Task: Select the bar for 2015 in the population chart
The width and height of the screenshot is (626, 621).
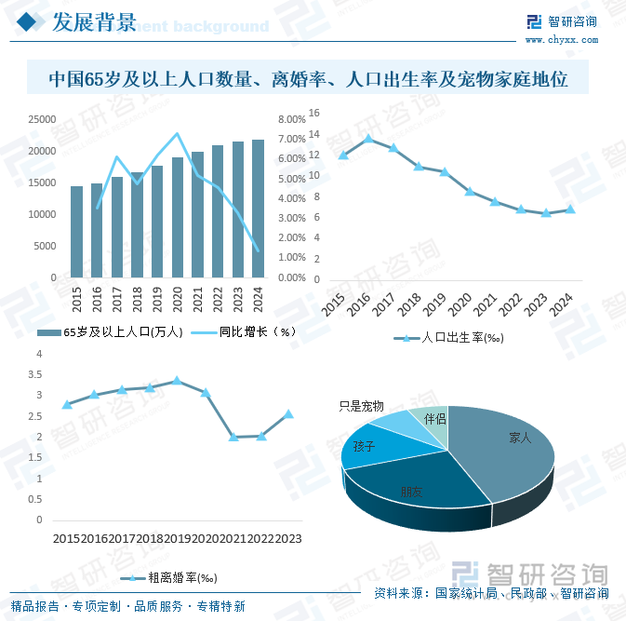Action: (x=77, y=232)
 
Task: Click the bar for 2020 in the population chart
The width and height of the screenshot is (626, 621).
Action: (x=177, y=217)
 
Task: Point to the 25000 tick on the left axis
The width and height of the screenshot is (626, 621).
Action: (x=40, y=119)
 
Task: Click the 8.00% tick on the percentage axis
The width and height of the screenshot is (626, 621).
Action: (x=291, y=119)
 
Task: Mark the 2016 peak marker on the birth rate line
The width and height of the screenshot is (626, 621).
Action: (x=368, y=139)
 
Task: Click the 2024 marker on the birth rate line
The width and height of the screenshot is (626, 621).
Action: (x=570, y=209)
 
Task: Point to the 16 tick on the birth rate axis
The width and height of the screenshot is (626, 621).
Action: (x=313, y=113)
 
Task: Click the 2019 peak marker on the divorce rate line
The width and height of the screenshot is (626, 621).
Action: (x=177, y=381)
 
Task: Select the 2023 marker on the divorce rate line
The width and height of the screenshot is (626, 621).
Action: (x=289, y=413)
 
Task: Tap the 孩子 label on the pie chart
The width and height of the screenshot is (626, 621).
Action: (x=364, y=447)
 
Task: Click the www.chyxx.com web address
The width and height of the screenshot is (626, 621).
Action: (x=561, y=40)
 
